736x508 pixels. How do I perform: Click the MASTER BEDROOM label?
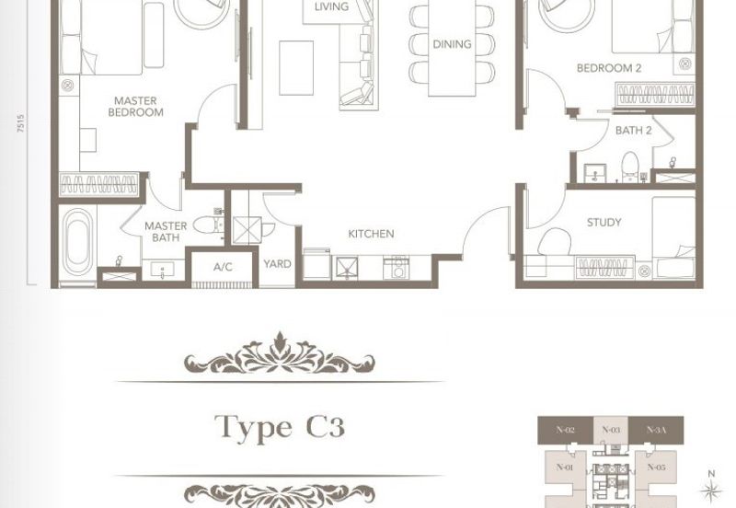click(x=135, y=107)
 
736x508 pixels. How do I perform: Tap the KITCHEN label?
click(x=371, y=234)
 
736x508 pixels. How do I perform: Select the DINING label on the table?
click(x=452, y=44)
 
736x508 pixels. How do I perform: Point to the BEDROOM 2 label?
click(x=609, y=68)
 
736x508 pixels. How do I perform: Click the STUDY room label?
click(x=604, y=222)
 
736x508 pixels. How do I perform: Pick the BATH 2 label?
click(x=633, y=131)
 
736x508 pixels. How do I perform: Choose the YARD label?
click(x=277, y=264)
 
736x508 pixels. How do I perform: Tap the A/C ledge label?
click(x=223, y=267)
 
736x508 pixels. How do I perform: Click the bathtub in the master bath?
click(x=77, y=242)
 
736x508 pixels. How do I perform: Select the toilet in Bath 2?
click(x=629, y=167)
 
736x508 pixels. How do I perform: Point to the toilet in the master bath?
click(x=208, y=225)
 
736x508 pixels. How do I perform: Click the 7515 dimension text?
click(x=20, y=123)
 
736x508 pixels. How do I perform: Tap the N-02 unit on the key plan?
click(x=565, y=430)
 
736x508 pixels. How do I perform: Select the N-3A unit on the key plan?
click(x=656, y=430)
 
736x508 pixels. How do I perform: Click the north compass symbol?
click(x=711, y=489)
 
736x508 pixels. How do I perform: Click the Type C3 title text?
click(x=280, y=427)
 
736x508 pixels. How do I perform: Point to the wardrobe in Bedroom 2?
click(x=655, y=95)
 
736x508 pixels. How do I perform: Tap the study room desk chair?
click(x=555, y=242)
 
